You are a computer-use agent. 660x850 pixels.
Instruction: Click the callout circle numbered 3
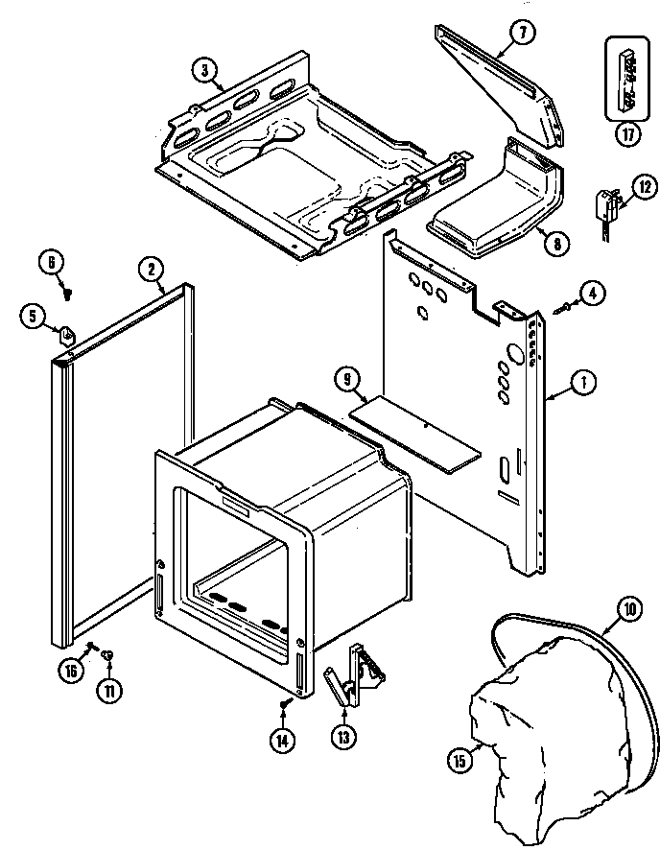[203, 68]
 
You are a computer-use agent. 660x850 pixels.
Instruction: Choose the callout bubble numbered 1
[583, 383]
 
